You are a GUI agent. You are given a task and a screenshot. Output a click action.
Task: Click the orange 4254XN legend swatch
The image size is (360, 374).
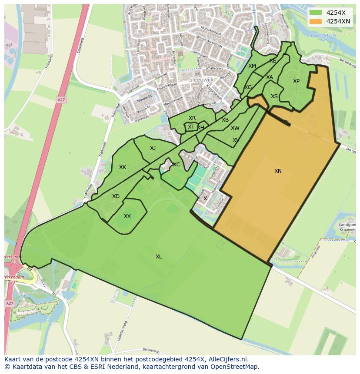(316, 21)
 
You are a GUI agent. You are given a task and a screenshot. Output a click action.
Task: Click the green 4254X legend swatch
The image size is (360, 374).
(316, 13)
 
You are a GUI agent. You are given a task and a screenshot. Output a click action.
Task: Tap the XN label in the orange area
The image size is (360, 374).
(278, 171)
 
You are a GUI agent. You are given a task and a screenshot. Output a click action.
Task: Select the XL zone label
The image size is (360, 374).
(159, 257)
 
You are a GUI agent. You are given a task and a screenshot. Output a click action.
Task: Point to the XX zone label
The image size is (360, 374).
(127, 216)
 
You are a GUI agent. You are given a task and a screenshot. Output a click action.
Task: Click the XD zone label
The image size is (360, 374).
(116, 196)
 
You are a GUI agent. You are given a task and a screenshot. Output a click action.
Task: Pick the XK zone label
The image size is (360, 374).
(123, 167)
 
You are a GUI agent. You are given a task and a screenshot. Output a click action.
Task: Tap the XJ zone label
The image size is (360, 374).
(153, 148)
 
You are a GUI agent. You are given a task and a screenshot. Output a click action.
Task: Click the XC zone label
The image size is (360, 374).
(177, 165)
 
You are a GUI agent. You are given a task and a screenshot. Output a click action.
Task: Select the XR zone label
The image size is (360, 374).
(192, 118)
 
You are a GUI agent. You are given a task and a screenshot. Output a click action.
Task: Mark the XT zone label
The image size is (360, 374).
(191, 127)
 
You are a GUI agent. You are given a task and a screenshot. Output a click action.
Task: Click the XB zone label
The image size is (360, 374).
(225, 120)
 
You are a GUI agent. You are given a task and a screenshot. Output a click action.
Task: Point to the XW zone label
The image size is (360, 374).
(235, 128)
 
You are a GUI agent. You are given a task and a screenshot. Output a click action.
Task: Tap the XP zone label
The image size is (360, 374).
(296, 81)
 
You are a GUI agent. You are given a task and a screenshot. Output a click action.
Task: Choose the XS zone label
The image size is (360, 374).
(274, 96)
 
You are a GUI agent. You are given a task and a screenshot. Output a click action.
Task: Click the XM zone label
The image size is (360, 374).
(252, 66)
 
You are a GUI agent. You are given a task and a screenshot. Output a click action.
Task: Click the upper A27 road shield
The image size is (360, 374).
(61, 100)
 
